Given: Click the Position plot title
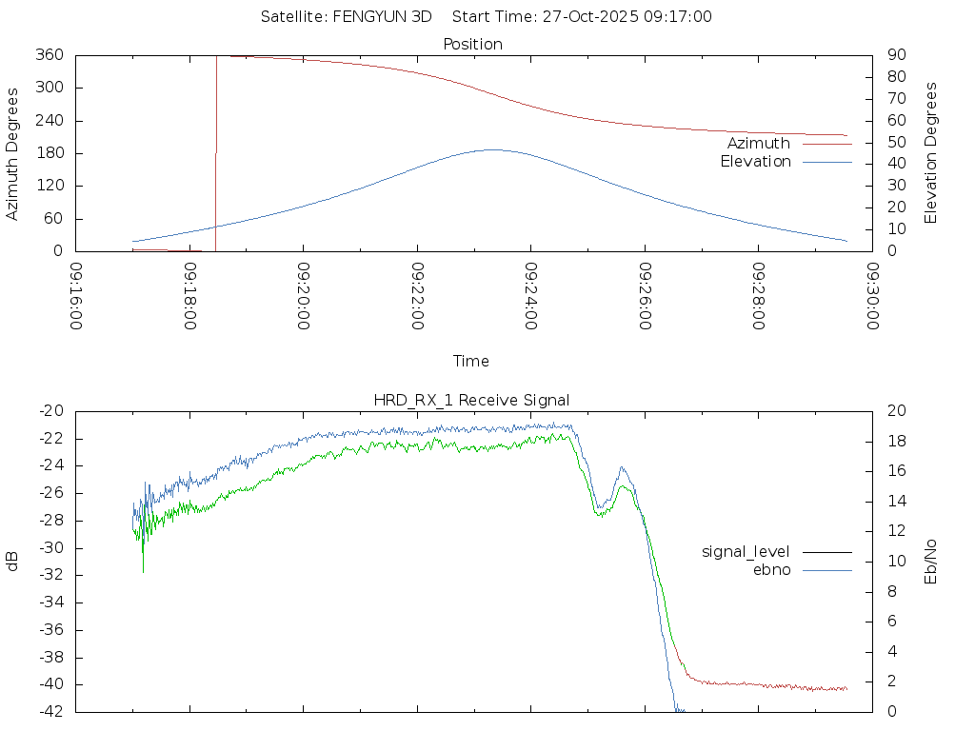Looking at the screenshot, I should click(473, 44).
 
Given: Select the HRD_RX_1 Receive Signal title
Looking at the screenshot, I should click(473, 399).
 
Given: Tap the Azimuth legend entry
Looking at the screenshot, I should click(759, 143).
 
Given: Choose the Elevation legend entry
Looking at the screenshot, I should click(755, 162).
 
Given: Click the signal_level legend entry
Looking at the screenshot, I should click(746, 551).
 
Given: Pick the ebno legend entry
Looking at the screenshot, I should click(772, 569).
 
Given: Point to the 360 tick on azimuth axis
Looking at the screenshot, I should click(50, 55).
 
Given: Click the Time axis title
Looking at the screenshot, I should click(471, 361).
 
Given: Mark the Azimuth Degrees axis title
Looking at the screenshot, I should click(13, 153).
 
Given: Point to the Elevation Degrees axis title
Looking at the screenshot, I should click(931, 153).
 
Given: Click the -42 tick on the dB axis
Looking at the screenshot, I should click(50, 711).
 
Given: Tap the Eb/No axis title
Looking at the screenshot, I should click(931, 561).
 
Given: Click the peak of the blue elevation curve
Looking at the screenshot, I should click(492, 149).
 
